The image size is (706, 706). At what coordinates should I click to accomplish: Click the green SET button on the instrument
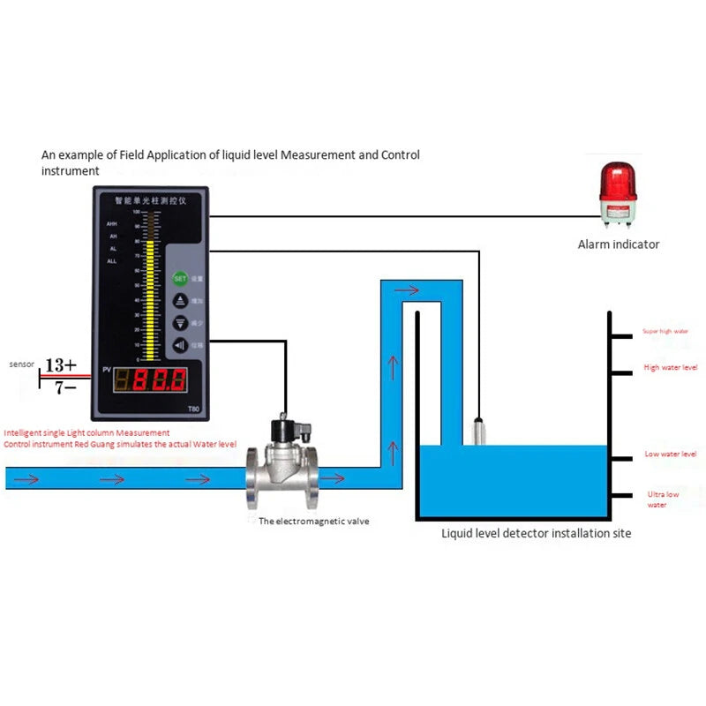(180, 278)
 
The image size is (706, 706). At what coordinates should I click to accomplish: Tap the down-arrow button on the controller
(180, 323)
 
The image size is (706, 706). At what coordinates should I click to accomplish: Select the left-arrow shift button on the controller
(180, 345)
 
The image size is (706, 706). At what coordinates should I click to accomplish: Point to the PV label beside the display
(105, 368)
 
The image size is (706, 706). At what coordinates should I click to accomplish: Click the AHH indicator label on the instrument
(112, 225)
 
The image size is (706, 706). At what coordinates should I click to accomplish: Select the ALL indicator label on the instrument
(112, 261)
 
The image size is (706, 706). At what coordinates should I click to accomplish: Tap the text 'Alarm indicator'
(618, 244)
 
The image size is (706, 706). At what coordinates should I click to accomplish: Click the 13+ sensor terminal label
(60, 364)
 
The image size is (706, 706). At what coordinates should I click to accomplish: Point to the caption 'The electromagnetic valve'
(313, 521)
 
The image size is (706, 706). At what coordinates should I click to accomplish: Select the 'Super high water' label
(665, 332)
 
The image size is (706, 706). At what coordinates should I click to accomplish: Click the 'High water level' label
(671, 367)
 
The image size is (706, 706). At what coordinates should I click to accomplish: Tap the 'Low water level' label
(671, 454)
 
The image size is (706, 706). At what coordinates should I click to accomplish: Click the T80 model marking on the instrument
(193, 408)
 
